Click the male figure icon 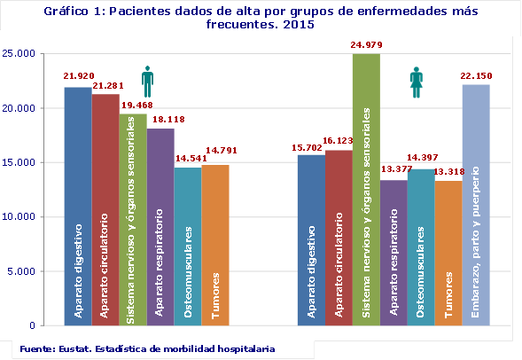point(147,82)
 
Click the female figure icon point(417,82)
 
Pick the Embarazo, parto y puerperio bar point(475,205)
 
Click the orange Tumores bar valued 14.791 point(215,245)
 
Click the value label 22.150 point(476,76)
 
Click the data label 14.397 point(420,159)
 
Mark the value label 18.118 point(161,120)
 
